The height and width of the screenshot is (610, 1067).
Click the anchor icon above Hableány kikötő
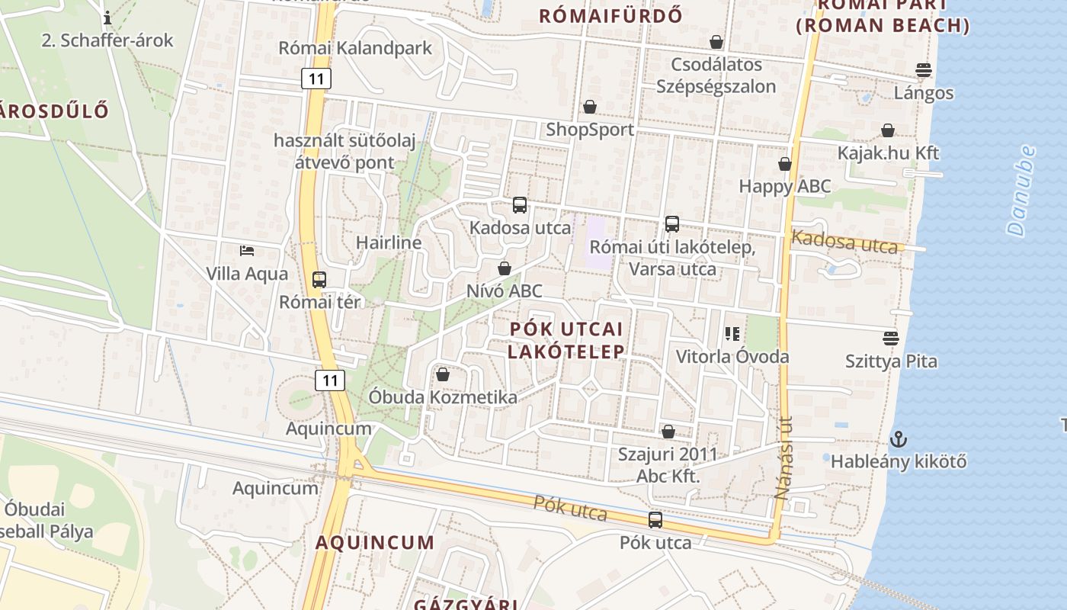coord(899,439)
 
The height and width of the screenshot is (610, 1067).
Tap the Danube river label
coord(1021,191)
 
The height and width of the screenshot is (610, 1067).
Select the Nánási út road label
coord(783,457)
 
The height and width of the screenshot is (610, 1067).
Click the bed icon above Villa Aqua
coord(246,250)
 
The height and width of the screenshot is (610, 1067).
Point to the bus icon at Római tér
coord(319,280)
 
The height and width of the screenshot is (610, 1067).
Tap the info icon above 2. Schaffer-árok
coord(107,17)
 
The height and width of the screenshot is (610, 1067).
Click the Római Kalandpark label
coord(355,48)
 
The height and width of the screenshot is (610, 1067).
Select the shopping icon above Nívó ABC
coord(504,268)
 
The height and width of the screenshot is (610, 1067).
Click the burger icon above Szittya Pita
coord(891,338)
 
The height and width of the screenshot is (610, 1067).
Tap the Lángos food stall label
coord(924,93)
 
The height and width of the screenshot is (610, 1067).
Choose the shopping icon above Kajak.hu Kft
coord(888,130)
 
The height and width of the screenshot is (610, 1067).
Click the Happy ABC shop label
coord(785,186)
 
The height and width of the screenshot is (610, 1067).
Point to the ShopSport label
coord(590,130)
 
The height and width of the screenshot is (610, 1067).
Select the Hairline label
coord(389,243)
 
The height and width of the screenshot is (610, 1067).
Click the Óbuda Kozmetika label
coord(443,397)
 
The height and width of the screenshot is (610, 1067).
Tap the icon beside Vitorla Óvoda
coord(732,333)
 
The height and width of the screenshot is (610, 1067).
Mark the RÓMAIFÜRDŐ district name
coord(610,15)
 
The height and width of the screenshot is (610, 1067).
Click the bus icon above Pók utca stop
coord(655,520)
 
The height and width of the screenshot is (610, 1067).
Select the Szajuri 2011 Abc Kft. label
coord(668,466)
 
